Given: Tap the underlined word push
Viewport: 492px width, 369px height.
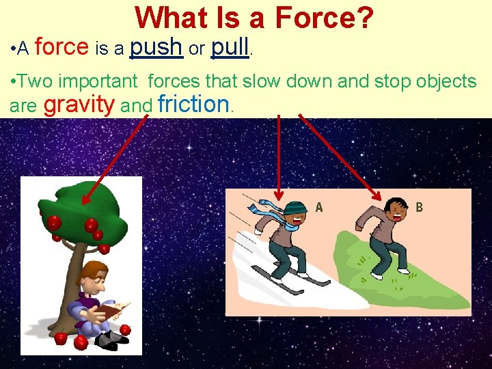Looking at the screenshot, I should (x=155, y=47).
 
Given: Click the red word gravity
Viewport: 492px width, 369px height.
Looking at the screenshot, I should (x=79, y=105).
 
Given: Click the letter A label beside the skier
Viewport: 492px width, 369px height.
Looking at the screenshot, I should (x=318, y=207).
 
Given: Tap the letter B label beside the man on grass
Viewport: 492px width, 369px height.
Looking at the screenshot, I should (x=419, y=206).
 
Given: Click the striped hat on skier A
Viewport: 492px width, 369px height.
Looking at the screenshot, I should (x=295, y=208).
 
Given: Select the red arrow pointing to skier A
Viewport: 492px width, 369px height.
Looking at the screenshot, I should (x=279, y=157).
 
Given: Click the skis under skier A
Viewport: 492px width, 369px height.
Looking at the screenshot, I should (x=294, y=280).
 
